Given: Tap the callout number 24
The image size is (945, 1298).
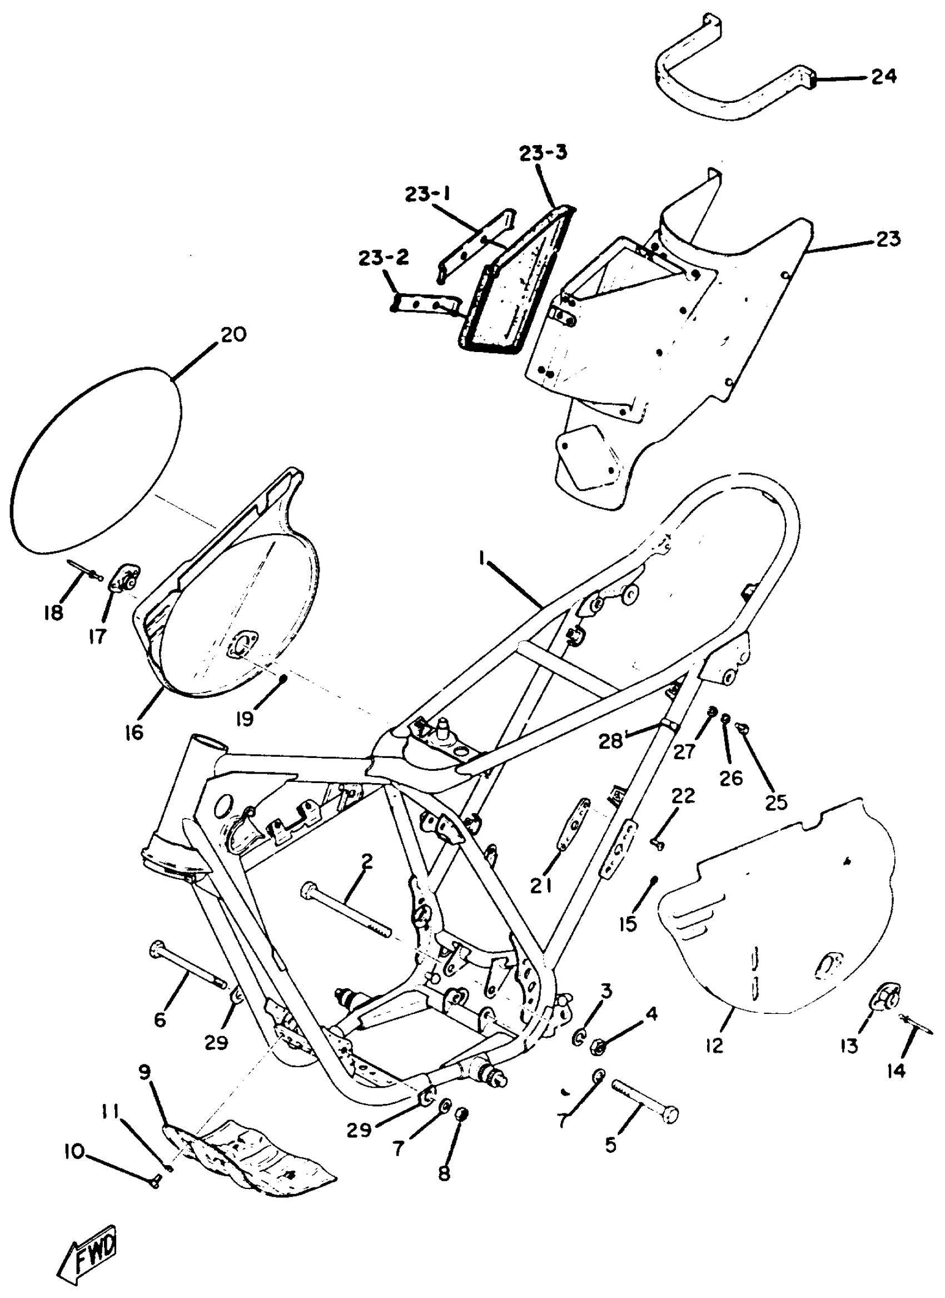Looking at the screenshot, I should (884, 76).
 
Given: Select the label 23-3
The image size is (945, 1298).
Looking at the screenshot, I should (544, 153).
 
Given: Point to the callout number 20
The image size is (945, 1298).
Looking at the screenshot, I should (232, 334).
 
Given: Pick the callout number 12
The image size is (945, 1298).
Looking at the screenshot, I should (714, 1046).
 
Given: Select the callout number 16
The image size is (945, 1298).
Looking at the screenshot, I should (134, 733).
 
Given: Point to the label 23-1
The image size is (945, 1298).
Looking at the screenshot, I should (428, 195).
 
